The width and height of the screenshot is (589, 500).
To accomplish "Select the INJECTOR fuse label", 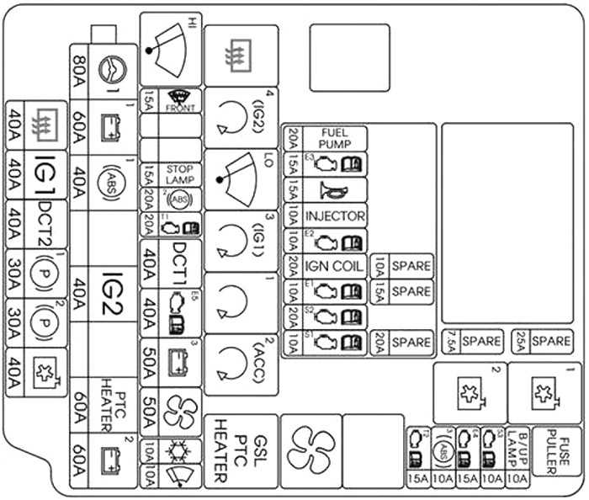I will pyautogui.click(x=334, y=216).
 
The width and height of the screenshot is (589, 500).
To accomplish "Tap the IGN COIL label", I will pyautogui.click(x=334, y=267).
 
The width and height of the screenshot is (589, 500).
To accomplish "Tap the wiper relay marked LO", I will pyautogui.click(x=241, y=179).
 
